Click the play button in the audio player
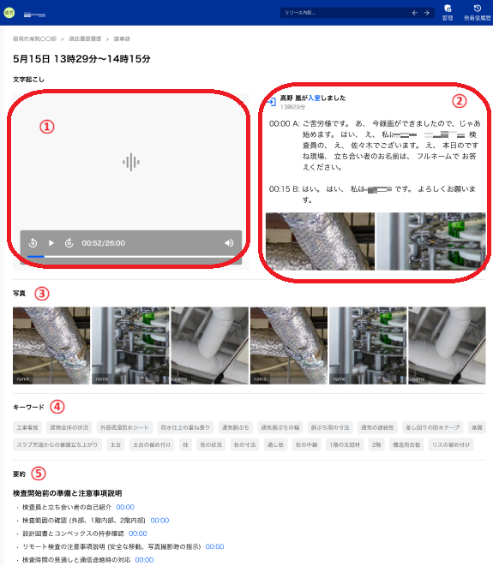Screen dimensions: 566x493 tap(51, 243)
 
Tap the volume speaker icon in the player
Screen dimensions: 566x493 tap(229, 243)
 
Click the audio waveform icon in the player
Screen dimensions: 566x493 tap(130, 162)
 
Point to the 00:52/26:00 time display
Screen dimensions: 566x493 tap(103, 243)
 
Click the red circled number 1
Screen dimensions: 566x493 tap(47, 126)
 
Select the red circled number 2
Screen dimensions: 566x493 tap(460, 100)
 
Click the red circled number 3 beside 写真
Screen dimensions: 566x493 tap(41, 293)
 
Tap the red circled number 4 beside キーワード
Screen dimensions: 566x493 tap(57, 406)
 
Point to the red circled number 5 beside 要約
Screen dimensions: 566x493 tap(38, 473)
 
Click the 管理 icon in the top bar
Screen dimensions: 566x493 tap(448, 13)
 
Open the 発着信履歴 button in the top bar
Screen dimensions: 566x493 tap(477, 13)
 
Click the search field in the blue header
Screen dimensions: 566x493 tap(343, 13)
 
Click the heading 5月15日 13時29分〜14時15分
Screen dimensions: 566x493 tap(81, 59)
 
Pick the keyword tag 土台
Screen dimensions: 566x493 tap(116, 444)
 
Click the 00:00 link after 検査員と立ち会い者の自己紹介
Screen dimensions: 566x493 tap(125, 507)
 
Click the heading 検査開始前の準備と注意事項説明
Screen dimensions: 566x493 tap(67, 493)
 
